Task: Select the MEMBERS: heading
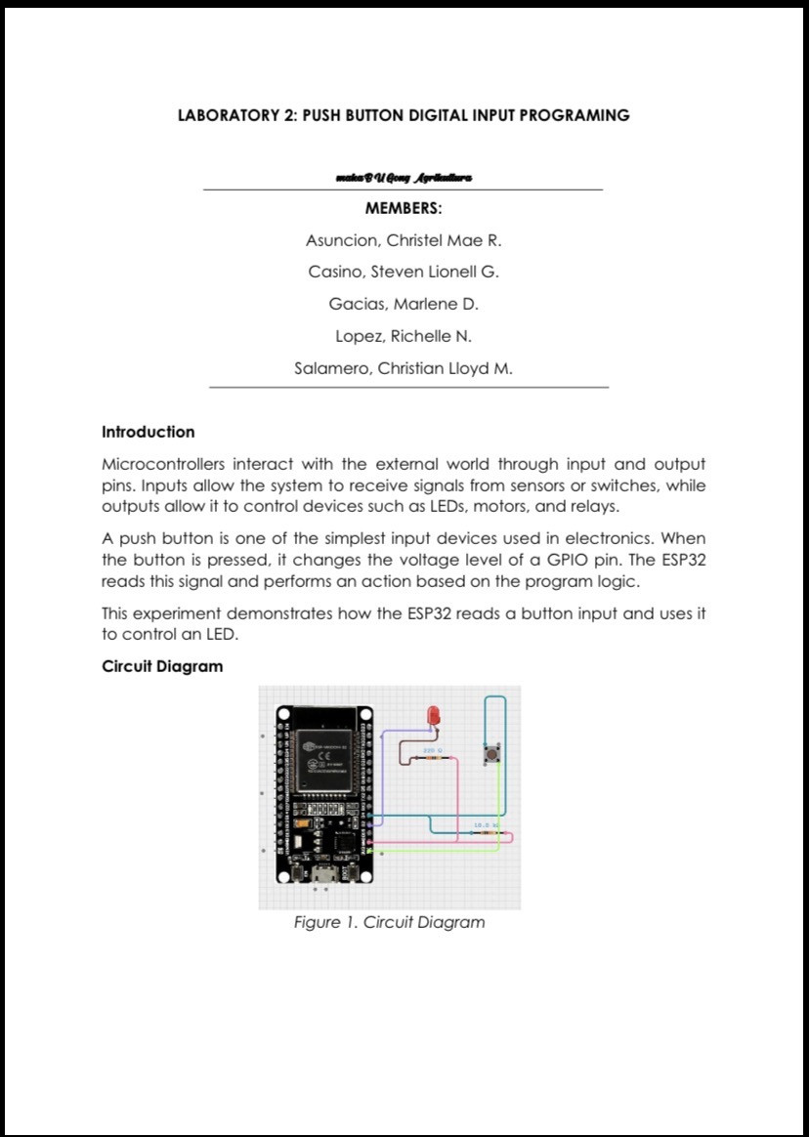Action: point(404,208)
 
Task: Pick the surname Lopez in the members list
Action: point(360,336)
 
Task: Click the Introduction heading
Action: point(149,432)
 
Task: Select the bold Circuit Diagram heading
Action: point(162,666)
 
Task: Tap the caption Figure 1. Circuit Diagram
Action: point(389,922)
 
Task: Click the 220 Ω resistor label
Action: point(433,750)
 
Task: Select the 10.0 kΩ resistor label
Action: point(487,825)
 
